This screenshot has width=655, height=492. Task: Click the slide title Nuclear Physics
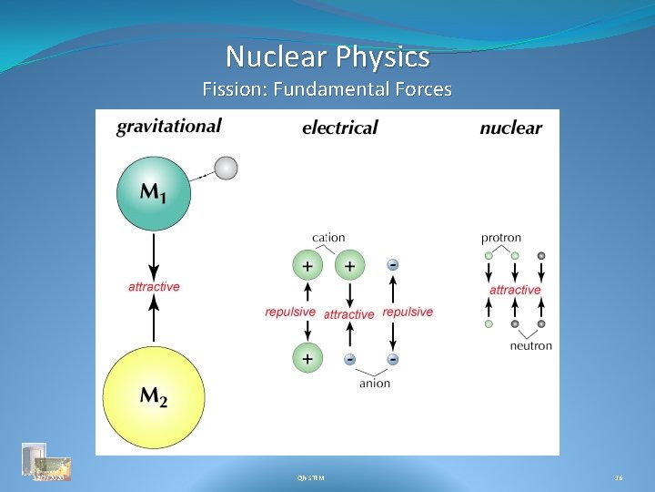[327, 57]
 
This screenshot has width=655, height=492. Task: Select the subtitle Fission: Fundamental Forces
[327, 89]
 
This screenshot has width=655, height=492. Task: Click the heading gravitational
[168, 127]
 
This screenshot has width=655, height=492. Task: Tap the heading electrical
[339, 128]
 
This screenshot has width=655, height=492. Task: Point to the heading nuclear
[510, 128]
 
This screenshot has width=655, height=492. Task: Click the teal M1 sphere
[154, 192]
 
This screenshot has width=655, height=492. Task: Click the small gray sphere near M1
[226, 168]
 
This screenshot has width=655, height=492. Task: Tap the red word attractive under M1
[154, 286]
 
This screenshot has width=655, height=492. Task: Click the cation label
[328, 238]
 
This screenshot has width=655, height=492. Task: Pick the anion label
[374, 384]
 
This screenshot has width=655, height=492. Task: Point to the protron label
[501, 238]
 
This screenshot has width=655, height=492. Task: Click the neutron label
[530, 346]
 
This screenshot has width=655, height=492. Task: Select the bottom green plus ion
[307, 359]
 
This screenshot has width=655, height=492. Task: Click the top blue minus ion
[392, 265]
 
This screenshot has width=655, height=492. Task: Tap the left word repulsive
[290, 312]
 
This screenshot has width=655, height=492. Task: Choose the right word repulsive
[408, 312]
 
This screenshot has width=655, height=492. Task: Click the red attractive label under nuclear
[515, 290]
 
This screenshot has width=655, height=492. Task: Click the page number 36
[619, 477]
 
